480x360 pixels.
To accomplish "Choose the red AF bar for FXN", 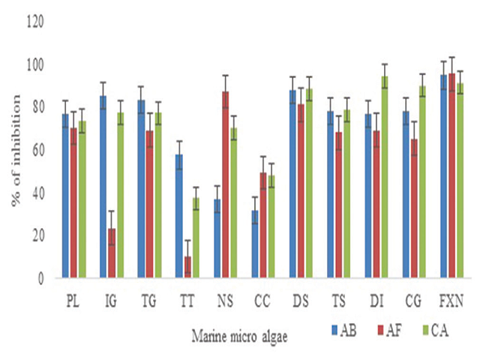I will pos(451,175).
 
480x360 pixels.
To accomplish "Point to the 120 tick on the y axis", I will pos(37,22).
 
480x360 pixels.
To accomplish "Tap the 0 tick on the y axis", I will pos(42,278).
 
